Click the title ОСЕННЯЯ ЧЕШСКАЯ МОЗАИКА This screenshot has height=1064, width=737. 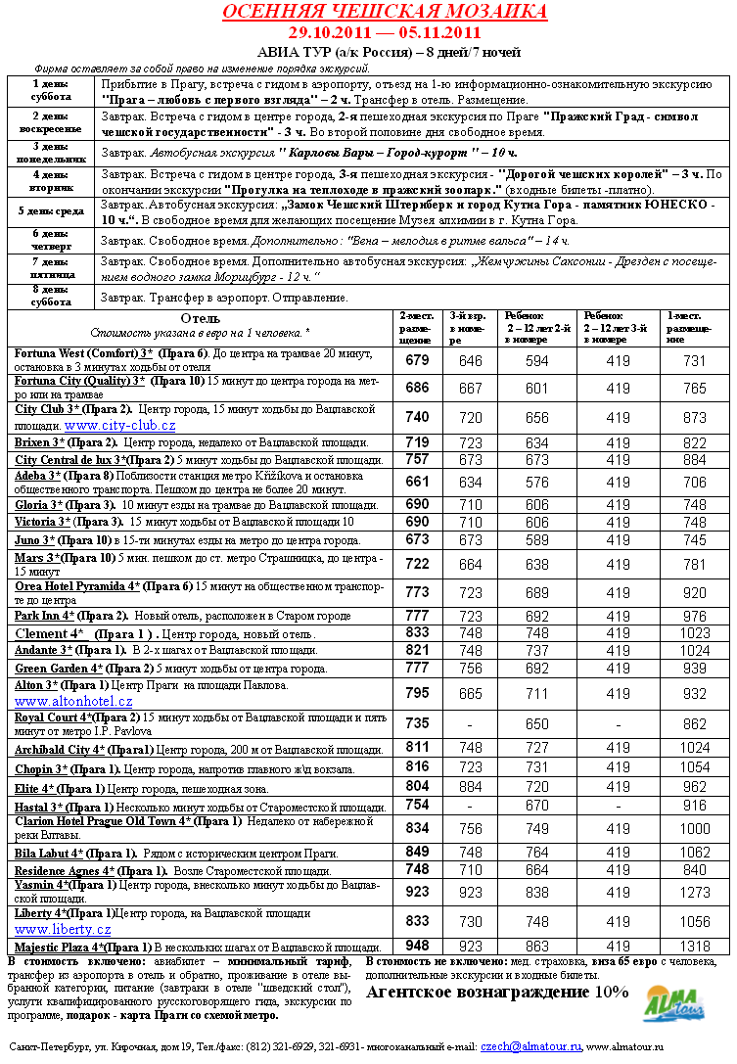pyautogui.click(x=384, y=13)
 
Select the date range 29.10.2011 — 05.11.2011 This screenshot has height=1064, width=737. pyautogui.click(x=385, y=32)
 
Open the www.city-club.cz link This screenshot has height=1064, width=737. pyautogui.click(x=120, y=426)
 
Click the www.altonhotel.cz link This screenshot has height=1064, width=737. pyautogui.click(x=73, y=701)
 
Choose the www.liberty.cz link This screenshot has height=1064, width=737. pyautogui.click(x=63, y=929)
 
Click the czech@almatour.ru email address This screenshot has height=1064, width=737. pyautogui.click(x=530, y=1046)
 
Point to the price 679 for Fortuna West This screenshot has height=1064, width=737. pyautogui.click(x=417, y=360)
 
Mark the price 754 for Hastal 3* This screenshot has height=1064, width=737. pyautogui.click(x=417, y=805)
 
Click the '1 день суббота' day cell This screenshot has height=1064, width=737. pyautogui.click(x=50, y=91)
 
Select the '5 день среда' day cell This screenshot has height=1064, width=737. pyautogui.click(x=50, y=210)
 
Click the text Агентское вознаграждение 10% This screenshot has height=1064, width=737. pyautogui.click(x=496, y=992)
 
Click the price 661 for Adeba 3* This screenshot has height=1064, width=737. pyautogui.click(x=417, y=482)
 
